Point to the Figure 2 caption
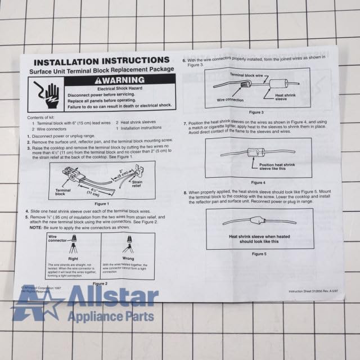click(99, 283)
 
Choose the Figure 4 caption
click(258, 182)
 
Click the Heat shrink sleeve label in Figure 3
click(285, 97)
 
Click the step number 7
click(185, 123)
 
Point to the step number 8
click(185, 193)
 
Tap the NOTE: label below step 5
click(35, 227)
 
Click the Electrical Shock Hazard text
click(119, 89)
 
